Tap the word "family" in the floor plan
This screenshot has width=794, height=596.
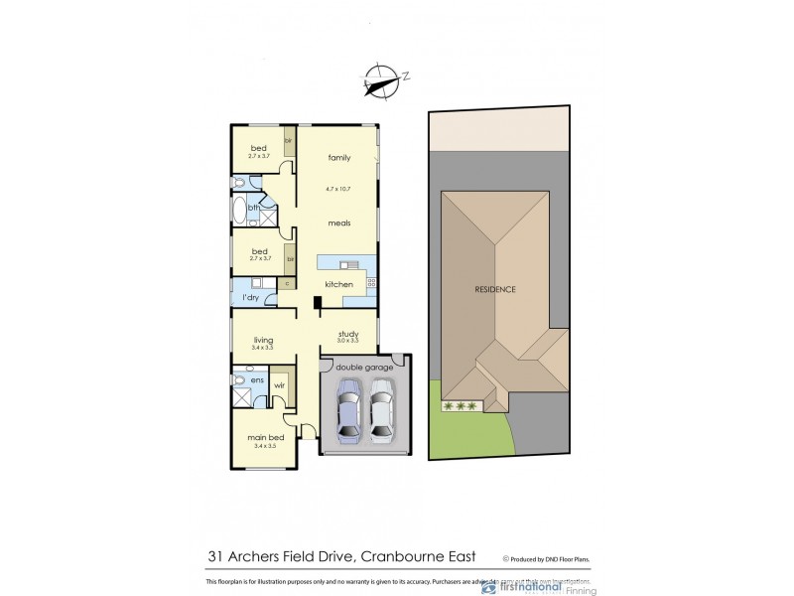[339, 158]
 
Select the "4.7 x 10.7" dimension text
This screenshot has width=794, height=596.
[339, 189]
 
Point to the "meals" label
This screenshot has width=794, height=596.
[339, 223]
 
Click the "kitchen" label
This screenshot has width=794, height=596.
[339, 285]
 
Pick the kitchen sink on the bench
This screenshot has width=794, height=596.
[348, 265]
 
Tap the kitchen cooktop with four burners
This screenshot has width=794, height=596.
[371, 283]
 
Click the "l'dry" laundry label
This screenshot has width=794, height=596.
[251, 298]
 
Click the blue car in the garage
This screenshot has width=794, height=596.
[350, 415]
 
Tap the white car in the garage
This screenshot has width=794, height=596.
[382, 415]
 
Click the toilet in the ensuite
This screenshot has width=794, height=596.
[239, 380]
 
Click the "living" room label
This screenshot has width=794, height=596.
[262, 341]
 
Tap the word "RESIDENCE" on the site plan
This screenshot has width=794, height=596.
[493, 289]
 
